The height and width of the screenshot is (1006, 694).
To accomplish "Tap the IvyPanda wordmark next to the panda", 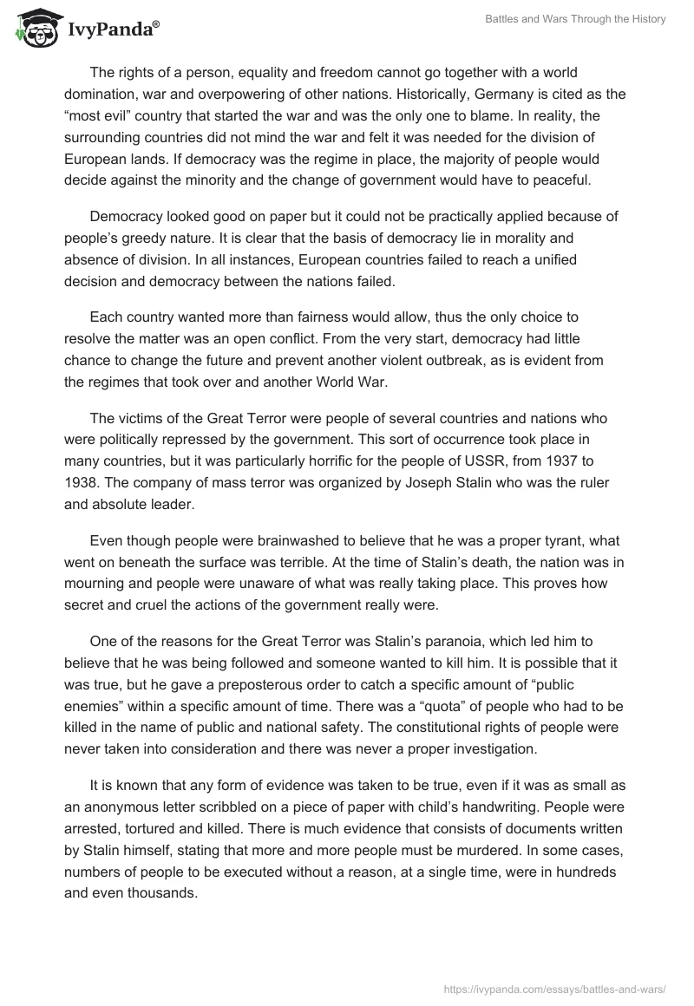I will [x=112, y=31].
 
